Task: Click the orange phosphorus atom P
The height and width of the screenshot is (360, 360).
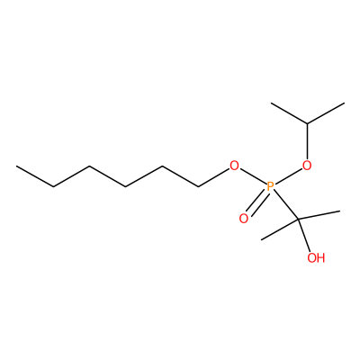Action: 270,186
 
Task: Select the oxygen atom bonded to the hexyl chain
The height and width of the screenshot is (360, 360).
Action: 234,166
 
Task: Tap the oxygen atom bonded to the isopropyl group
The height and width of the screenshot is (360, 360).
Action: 307,166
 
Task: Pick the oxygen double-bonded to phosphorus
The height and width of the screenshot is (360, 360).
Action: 244,219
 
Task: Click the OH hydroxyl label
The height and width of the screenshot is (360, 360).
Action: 316,257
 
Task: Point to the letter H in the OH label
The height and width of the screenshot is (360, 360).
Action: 320,257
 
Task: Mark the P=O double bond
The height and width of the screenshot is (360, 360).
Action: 256,204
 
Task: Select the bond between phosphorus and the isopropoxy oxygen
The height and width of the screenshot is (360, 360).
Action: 289,176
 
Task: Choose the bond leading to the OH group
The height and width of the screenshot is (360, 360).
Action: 304,236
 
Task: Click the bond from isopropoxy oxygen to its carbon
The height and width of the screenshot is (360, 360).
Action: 307,141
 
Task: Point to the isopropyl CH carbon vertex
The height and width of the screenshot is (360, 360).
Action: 307,123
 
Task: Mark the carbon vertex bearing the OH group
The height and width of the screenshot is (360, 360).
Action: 298,220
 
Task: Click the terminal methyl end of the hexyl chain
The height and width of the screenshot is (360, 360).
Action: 17,166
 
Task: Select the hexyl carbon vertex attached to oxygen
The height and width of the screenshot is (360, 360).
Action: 198,187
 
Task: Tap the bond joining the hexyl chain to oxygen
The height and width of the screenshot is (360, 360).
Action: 213,178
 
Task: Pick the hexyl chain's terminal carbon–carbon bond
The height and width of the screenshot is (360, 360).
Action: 35,176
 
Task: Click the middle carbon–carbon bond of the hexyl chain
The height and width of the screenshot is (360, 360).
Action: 108,176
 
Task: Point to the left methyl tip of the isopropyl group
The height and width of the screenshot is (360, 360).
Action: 271,103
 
